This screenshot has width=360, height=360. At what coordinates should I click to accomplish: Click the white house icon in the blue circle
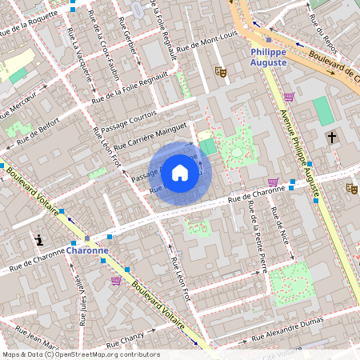point(180,171)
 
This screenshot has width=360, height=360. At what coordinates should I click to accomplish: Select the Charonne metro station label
point(87,250)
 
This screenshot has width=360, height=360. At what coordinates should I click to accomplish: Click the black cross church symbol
point(331,138)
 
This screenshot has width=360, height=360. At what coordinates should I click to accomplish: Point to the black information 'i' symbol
point(39,239)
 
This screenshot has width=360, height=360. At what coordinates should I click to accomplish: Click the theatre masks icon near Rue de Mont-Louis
point(222,72)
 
